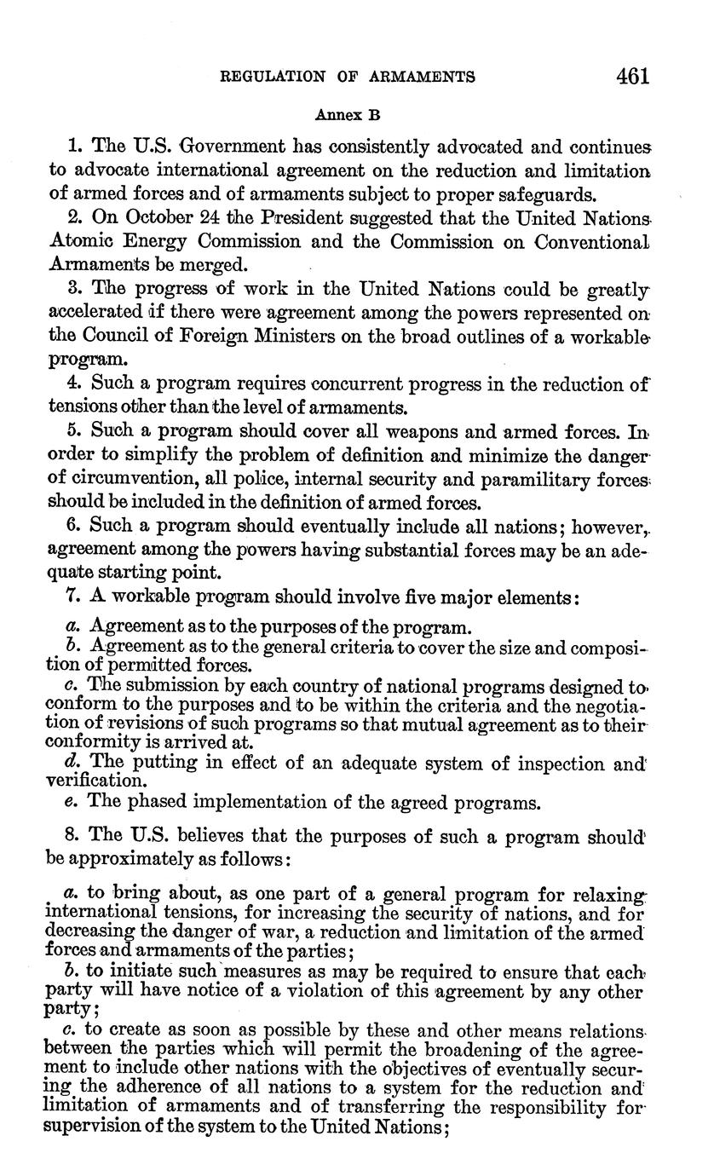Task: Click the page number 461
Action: click(631, 76)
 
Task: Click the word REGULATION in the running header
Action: click(269, 77)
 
